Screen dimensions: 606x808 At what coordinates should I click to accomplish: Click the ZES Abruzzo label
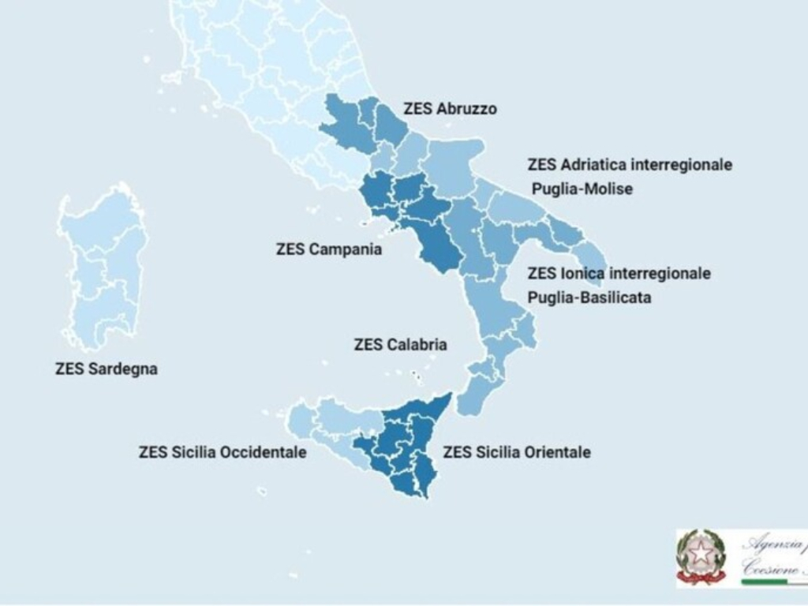(450, 109)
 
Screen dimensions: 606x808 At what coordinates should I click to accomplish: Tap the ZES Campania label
(329, 249)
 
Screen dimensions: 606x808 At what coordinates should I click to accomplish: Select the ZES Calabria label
(401, 345)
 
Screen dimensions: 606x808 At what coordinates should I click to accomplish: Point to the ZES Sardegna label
(107, 368)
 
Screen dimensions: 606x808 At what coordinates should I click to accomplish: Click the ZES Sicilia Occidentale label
(223, 453)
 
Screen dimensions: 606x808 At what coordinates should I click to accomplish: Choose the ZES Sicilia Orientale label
(517, 452)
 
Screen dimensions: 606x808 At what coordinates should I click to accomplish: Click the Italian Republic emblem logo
(701, 556)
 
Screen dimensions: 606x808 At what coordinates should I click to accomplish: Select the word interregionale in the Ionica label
(660, 274)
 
